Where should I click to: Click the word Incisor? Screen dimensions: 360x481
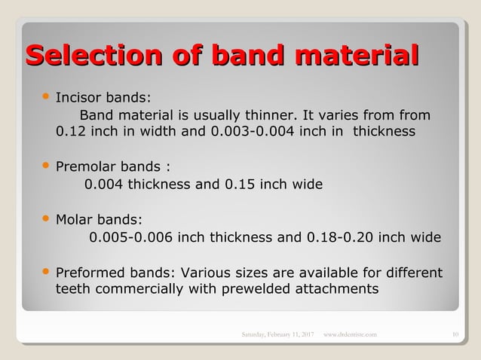78,98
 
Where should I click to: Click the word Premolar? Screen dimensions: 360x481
85,166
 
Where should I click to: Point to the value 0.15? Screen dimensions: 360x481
240,184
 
